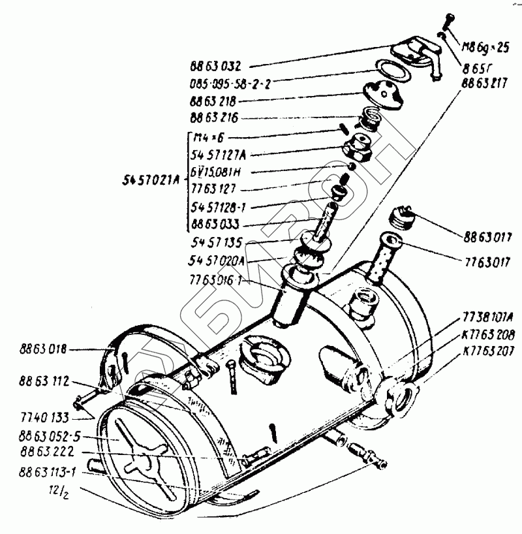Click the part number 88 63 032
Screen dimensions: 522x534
215,66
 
